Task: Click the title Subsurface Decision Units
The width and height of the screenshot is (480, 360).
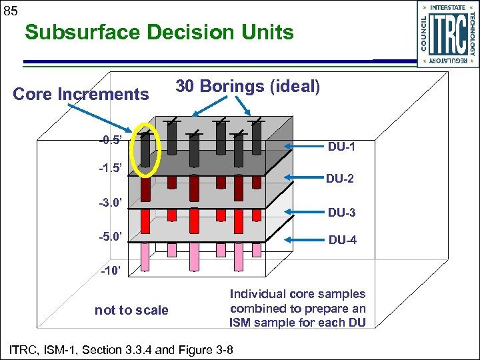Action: coord(159,32)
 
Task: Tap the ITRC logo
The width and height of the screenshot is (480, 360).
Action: coord(447,33)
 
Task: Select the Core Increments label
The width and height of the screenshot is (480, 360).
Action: coord(81,94)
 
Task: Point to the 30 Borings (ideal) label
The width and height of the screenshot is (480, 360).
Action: coord(247,86)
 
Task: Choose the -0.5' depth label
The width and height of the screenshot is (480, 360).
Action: coord(109,141)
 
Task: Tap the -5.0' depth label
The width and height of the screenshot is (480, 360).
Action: coord(109,236)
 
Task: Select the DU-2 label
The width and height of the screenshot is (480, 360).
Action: coord(341,179)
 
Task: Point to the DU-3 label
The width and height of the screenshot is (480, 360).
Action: coord(342,213)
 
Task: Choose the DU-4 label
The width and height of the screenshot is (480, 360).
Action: coord(342,240)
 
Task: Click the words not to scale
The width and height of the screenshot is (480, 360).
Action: coord(131,310)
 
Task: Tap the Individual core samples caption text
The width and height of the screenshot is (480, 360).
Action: coord(297,309)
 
